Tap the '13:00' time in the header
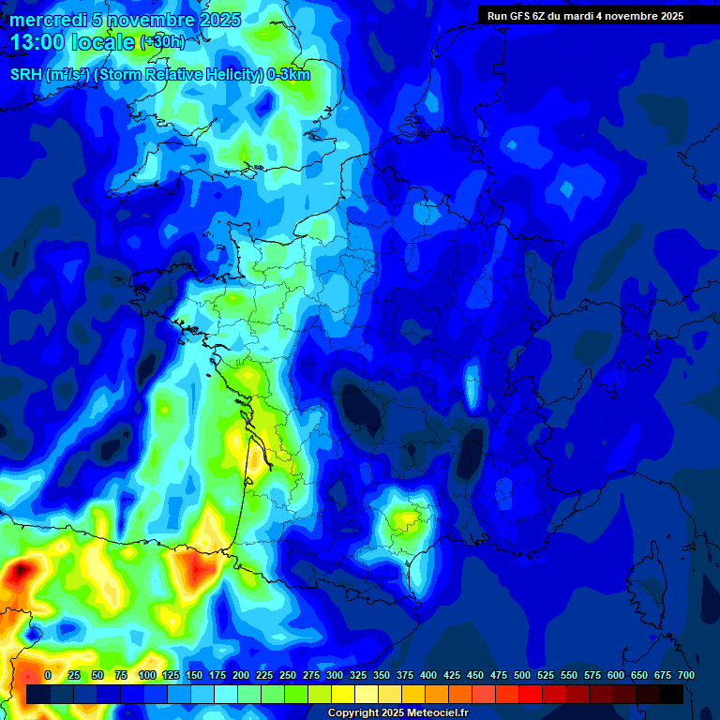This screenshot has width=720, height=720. (37, 42)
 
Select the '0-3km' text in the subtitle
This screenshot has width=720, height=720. (288, 75)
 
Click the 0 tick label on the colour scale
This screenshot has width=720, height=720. (48, 675)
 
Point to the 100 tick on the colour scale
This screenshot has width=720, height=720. (146, 675)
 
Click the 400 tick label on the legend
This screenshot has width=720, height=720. (427, 675)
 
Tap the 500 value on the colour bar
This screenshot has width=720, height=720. (521, 675)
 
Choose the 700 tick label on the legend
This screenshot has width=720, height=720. (685, 675)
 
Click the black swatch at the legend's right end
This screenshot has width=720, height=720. (671, 695)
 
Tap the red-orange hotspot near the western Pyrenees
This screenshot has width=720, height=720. (195, 567)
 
